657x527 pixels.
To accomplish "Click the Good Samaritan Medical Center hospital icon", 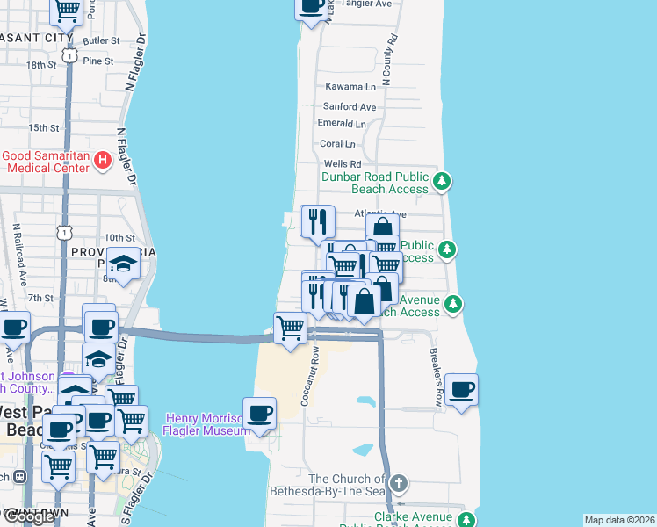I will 103,160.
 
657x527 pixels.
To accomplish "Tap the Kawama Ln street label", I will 350,87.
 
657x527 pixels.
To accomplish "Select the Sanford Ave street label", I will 349,106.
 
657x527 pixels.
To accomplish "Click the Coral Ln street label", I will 337,144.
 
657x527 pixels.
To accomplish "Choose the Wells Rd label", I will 343,164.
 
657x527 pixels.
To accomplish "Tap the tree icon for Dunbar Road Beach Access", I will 444,182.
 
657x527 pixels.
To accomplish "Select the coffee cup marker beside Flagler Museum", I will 258,413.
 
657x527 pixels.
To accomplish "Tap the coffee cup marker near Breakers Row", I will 461,389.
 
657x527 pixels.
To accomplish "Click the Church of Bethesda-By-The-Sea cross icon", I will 399,483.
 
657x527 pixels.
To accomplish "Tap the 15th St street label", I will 44,128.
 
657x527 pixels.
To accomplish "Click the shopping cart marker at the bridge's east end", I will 290,328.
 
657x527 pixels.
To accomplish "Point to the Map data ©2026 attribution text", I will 619,520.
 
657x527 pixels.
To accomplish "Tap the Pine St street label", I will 98,61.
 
